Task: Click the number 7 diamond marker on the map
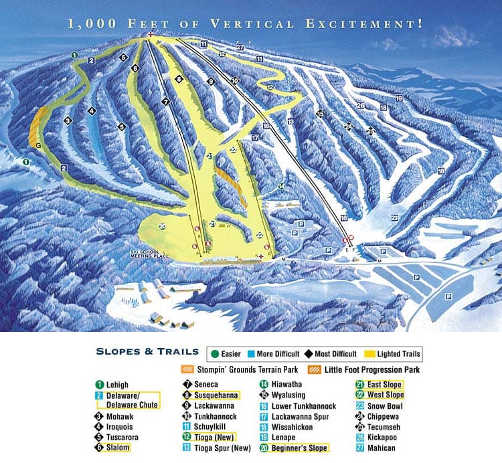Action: [165, 102]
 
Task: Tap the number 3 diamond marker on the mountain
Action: [67, 120]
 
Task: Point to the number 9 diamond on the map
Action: [210, 81]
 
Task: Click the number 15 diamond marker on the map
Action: [320, 114]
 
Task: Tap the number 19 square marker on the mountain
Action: [398, 98]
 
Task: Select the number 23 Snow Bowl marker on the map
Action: [395, 217]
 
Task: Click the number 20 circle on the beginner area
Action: [162, 227]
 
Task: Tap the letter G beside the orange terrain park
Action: [38, 145]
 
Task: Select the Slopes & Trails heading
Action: [147, 351]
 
